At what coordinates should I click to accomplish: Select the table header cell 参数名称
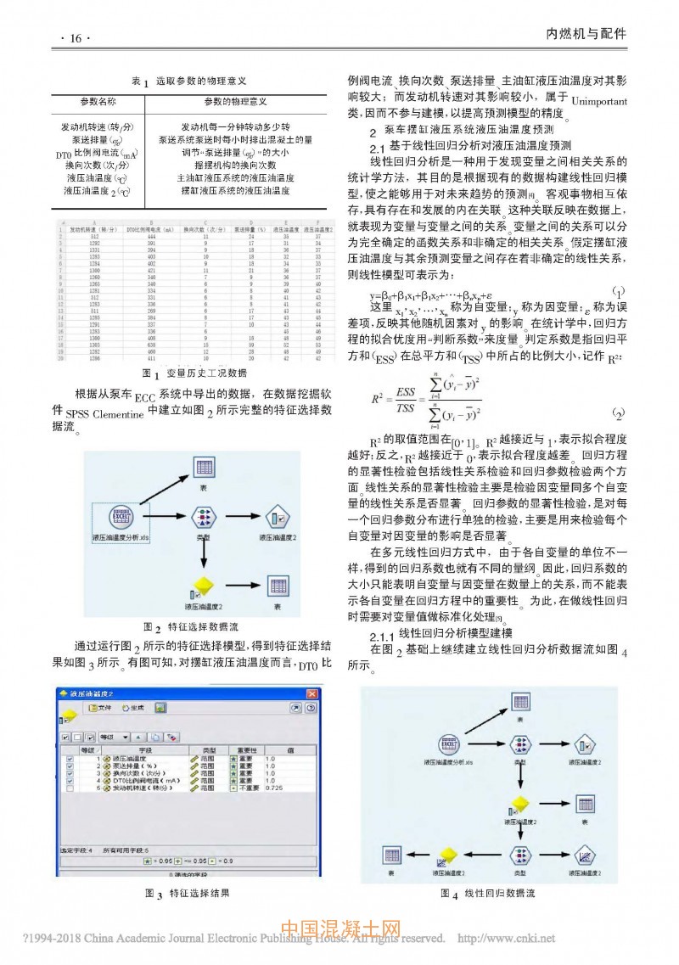[x=98, y=101]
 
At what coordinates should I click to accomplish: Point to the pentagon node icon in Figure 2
[x=277, y=518]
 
